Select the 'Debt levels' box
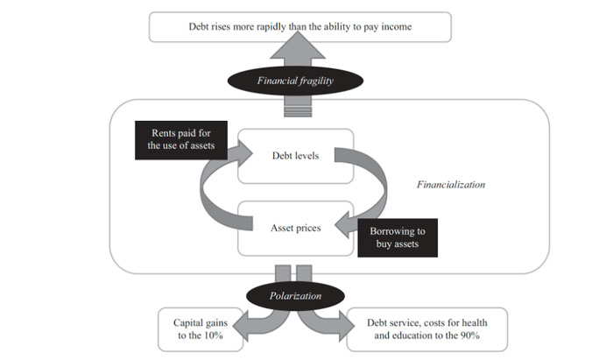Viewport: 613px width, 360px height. [x=294, y=156]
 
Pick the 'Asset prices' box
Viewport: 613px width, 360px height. [x=294, y=228]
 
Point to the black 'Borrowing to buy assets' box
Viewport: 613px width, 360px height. [x=397, y=237]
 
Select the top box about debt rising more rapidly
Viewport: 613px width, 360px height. [x=300, y=27]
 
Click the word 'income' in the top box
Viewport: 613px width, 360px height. [x=395, y=27]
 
